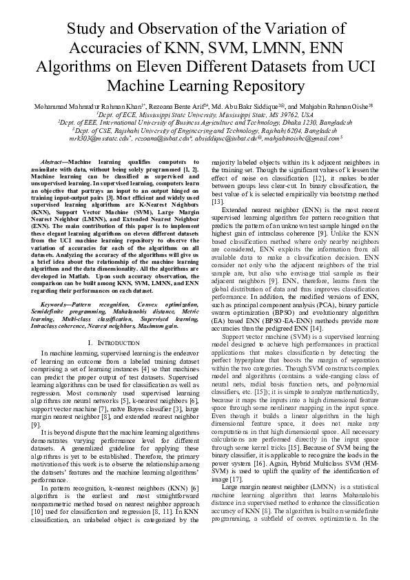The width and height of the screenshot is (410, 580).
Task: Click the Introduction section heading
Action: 114,342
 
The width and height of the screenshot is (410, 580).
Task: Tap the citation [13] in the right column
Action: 218,201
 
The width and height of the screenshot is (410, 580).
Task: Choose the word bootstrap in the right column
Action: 338,194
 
